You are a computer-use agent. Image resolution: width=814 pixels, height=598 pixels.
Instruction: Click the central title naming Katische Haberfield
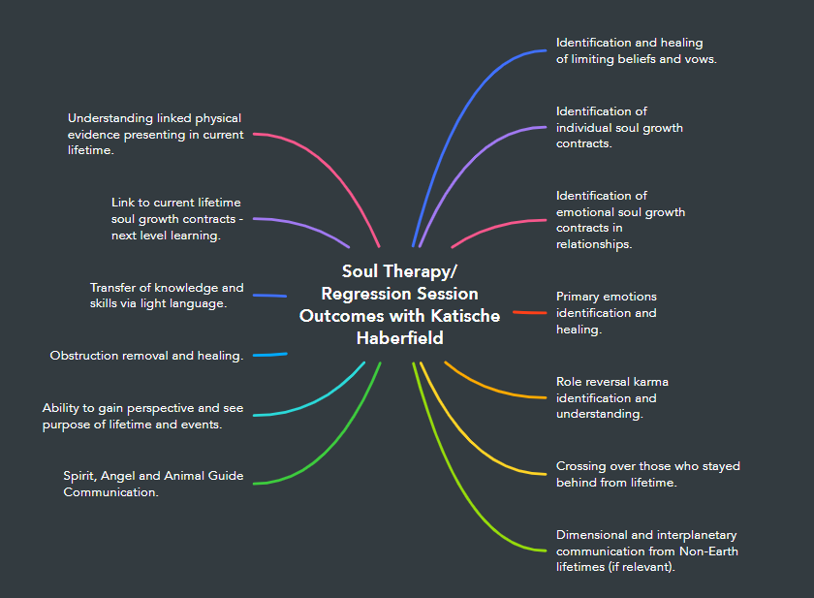399,304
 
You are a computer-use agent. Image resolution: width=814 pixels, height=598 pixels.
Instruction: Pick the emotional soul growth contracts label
620,220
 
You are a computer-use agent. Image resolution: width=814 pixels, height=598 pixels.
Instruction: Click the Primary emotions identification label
606,312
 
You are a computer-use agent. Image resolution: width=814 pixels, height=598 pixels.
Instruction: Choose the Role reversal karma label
611,397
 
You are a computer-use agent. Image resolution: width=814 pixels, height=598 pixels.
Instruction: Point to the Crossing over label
647,474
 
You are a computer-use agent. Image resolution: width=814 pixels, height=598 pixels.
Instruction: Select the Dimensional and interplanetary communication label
646,551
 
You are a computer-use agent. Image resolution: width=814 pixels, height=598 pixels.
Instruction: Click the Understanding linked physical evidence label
154,134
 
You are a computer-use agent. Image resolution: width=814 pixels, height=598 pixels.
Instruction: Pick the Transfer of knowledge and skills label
167,296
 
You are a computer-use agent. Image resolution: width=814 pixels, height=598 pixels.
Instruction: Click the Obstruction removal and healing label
146,356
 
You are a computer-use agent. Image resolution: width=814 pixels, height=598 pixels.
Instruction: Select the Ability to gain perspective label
143,416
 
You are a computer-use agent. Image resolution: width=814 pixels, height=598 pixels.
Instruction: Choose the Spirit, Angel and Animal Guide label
153,484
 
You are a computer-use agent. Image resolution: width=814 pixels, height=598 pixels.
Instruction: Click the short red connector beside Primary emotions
529,312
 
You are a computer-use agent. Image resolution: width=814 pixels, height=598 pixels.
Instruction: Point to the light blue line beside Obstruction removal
269,355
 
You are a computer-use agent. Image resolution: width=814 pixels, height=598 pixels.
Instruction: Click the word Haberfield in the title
399,338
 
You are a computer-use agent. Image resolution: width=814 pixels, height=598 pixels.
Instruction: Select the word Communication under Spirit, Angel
110,492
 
